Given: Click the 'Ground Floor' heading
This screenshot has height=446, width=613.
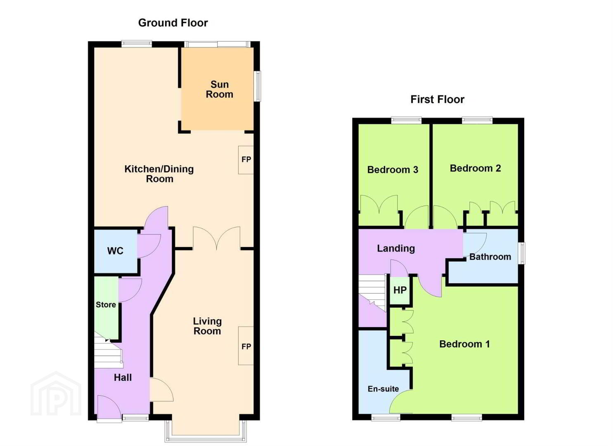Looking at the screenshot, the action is click(x=173, y=23).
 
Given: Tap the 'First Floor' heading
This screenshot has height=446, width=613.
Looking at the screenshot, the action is click(x=437, y=100).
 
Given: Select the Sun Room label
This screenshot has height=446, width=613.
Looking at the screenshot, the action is click(x=220, y=89).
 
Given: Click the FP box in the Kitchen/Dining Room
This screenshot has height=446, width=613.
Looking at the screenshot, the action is click(x=246, y=160).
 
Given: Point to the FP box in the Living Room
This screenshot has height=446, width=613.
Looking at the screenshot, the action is click(x=246, y=346).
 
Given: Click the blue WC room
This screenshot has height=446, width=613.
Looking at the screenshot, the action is click(x=116, y=251).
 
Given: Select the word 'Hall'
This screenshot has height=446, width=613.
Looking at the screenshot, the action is click(x=123, y=377).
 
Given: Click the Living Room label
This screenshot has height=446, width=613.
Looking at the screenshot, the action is click(x=207, y=326).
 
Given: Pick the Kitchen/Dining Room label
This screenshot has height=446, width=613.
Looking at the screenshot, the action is click(x=159, y=174).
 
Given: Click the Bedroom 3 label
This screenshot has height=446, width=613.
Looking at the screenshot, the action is click(x=393, y=170).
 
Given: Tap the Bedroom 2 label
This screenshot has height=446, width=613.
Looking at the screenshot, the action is click(x=476, y=168).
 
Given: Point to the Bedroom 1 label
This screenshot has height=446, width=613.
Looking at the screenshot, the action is click(x=464, y=344).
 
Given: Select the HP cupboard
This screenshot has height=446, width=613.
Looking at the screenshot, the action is click(x=400, y=290).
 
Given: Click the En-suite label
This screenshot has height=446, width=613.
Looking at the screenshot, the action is click(x=383, y=389).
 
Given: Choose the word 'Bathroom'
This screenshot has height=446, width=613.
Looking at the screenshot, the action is click(x=490, y=257).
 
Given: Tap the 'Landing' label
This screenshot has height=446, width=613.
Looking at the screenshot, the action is click(x=396, y=248).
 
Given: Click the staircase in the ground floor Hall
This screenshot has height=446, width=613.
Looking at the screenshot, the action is click(x=108, y=351).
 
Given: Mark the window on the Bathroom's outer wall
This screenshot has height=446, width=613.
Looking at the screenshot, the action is click(x=523, y=253).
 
